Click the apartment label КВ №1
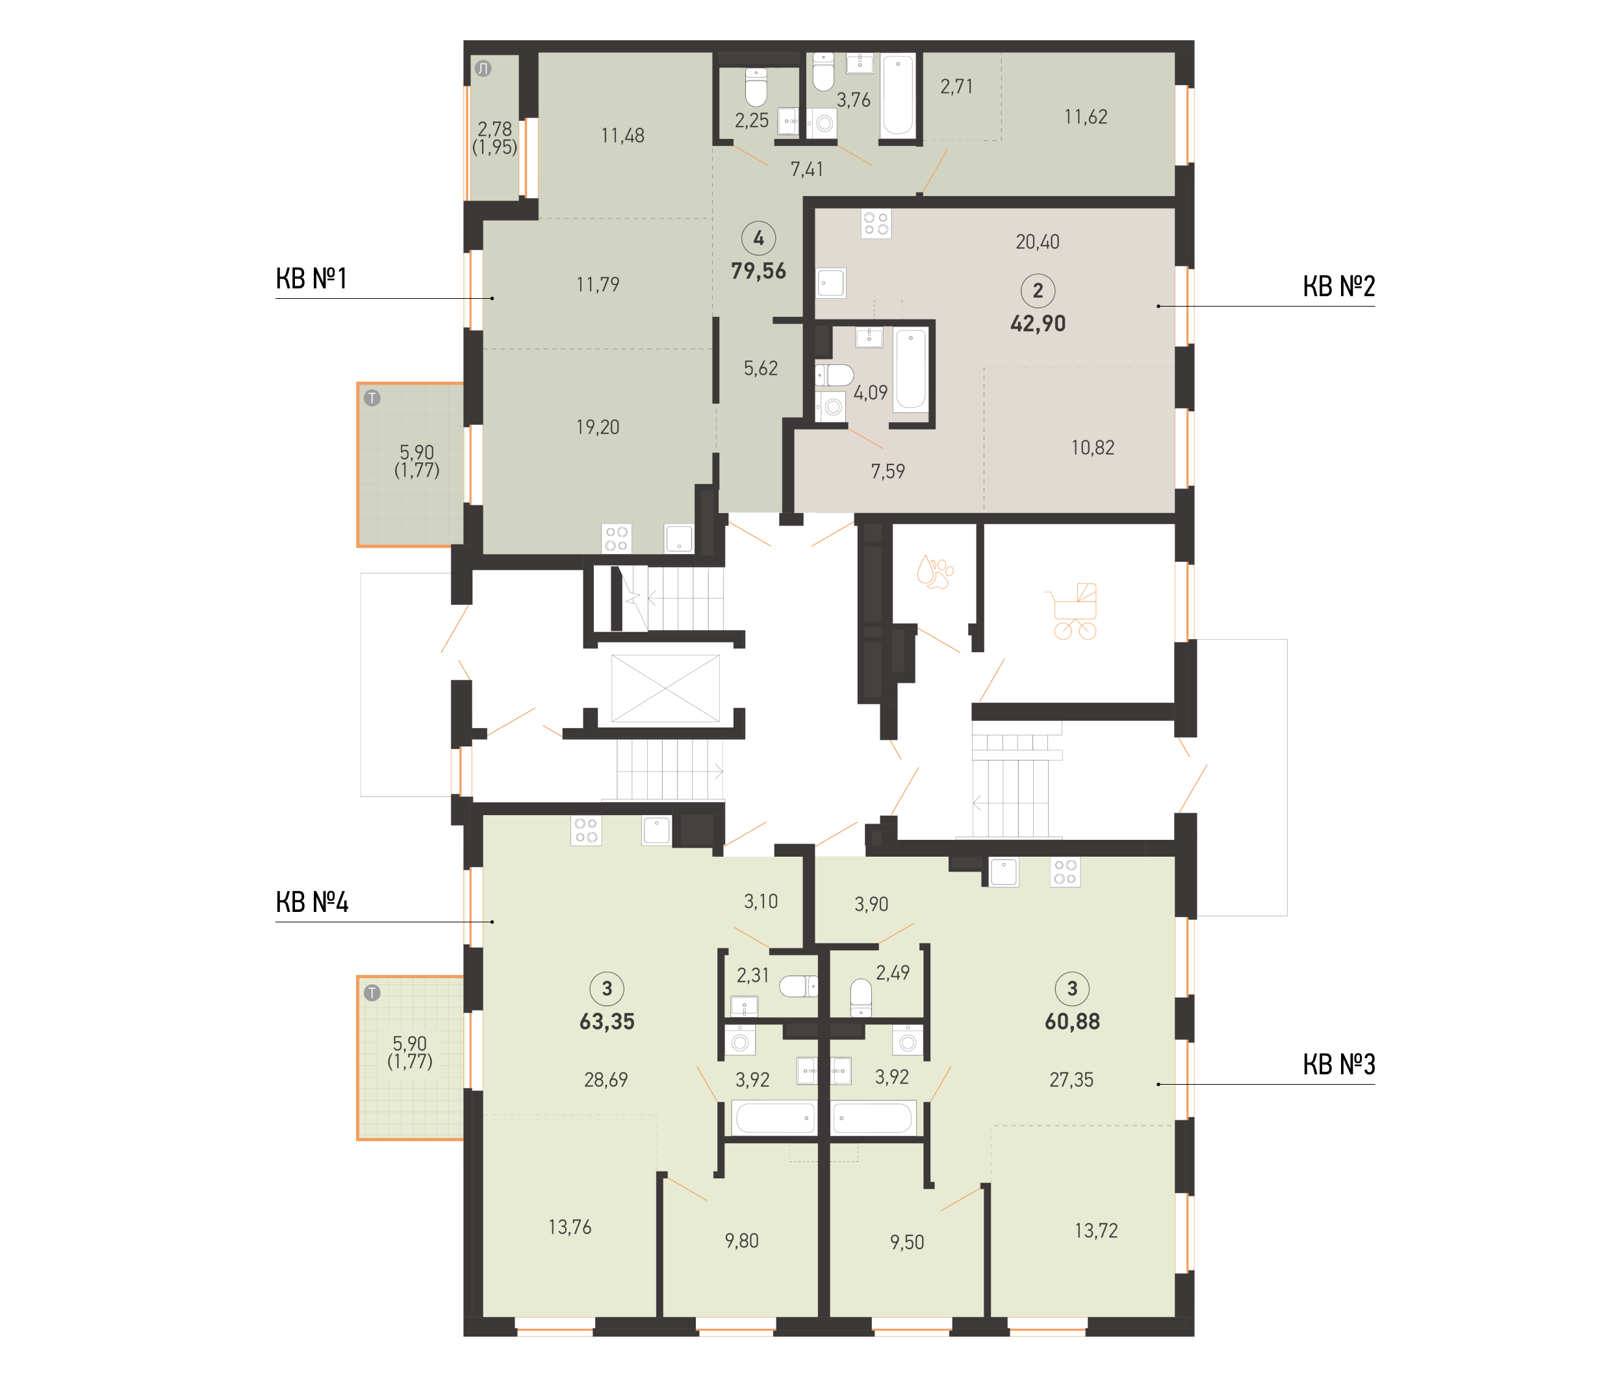[311, 279]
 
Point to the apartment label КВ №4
[311, 902]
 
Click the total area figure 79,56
[758, 271]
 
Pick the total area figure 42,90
[1038, 323]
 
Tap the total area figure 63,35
[607, 1021]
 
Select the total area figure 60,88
[1072, 1021]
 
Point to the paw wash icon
[934, 572]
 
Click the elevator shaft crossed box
[665, 688]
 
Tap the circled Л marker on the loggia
[483, 69]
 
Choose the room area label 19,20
[597, 427]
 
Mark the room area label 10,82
[1092, 448]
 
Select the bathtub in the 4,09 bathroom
[910, 369]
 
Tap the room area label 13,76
[569, 1227]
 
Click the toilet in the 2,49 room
[860, 998]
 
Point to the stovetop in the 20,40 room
[876, 223]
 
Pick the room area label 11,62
[1085, 117]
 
